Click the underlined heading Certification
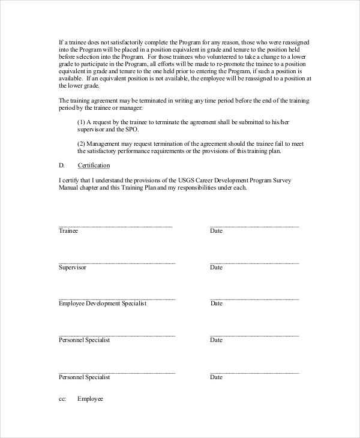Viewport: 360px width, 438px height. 94,165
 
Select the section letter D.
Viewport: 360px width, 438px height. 61,165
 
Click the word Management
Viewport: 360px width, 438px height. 106,144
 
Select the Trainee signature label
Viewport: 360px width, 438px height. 68,231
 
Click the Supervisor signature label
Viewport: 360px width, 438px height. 73,267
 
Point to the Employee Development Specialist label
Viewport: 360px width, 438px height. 103,304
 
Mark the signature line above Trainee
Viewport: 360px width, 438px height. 115,226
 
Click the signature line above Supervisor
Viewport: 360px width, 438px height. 117,263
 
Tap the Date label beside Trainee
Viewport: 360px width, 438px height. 216,231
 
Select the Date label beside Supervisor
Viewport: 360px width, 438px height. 216,267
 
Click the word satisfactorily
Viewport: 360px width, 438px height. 121,42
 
